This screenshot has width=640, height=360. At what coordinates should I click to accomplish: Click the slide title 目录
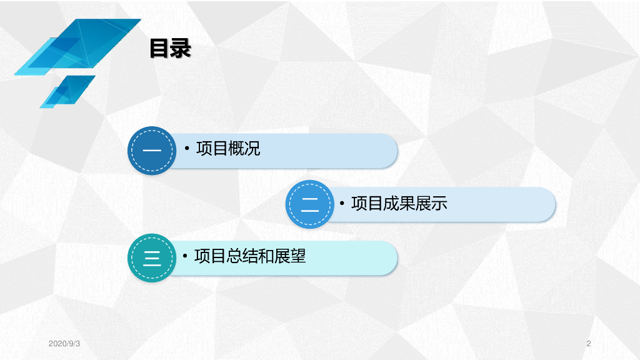(x=169, y=49)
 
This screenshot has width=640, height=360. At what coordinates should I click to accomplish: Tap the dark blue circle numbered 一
(x=152, y=151)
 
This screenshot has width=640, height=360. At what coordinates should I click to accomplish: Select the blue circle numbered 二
(x=309, y=204)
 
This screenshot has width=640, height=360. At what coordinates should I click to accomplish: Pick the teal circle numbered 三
(x=152, y=257)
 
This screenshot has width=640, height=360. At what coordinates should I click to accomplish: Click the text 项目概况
(x=228, y=149)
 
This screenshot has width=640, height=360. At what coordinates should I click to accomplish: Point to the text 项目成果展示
(x=399, y=204)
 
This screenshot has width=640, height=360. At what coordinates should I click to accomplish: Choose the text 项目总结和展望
(x=250, y=256)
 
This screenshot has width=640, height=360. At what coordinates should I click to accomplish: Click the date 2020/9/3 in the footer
(x=64, y=344)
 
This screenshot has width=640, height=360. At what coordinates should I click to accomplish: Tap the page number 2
(x=589, y=344)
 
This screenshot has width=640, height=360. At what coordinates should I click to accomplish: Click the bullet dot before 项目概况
(x=187, y=149)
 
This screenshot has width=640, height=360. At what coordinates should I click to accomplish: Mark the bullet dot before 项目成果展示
(x=343, y=204)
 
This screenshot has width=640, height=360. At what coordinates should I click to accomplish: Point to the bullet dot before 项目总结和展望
(x=186, y=257)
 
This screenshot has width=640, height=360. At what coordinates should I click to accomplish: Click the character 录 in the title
(x=180, y=49)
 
